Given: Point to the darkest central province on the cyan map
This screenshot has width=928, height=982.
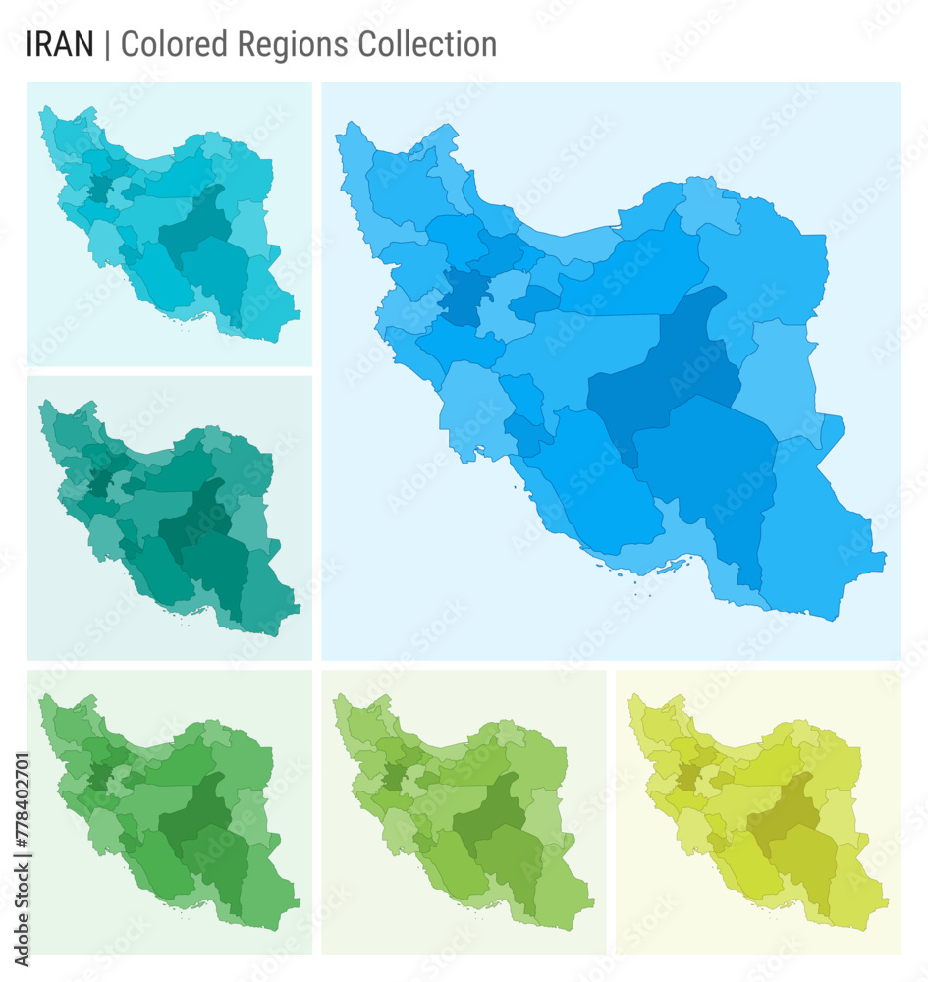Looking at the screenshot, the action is coord(196,226).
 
